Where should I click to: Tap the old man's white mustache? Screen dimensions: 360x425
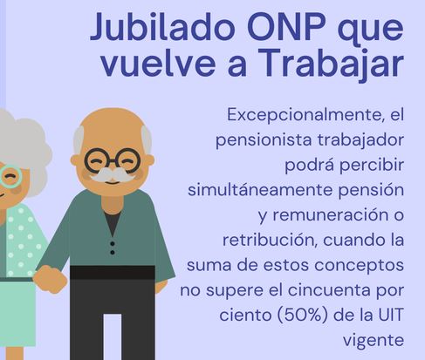[111, 175]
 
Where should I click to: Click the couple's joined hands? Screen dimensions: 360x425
[49, 280]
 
